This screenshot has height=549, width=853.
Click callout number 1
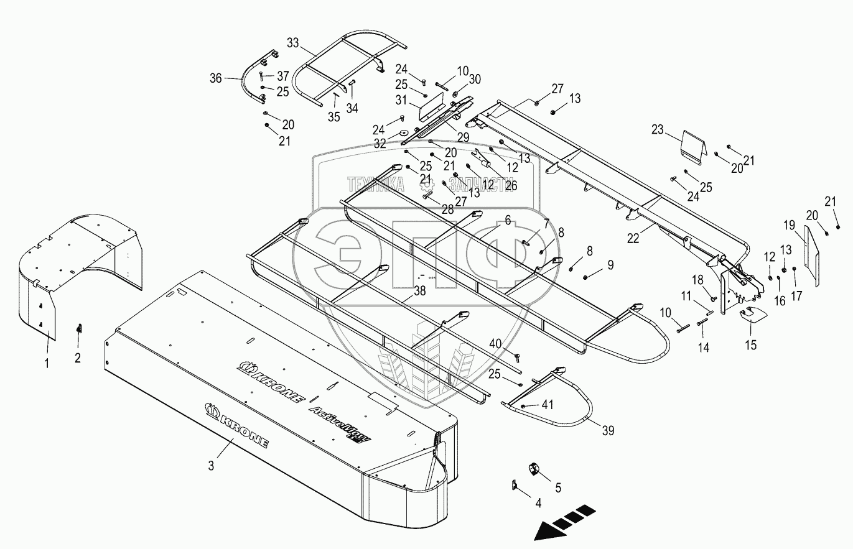point(47,364)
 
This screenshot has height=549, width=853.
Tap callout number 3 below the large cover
point(211,465)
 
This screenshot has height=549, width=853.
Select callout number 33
point(293,44)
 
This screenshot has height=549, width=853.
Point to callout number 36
point(215,78)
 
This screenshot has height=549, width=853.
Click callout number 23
point(658,131)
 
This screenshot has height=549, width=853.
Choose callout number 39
point(607,430)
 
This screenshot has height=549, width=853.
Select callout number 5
point(558,489)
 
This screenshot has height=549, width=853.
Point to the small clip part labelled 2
point(78,328)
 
